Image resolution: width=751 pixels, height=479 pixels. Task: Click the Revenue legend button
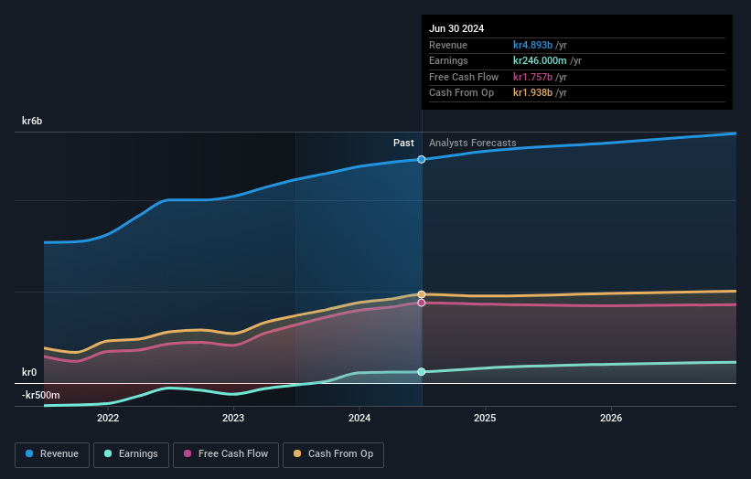click(52, 453)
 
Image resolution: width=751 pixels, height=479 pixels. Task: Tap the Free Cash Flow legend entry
click(226, 453)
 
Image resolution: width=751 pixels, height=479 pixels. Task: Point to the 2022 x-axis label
click(108, 418)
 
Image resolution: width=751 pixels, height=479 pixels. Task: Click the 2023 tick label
click(233, 418)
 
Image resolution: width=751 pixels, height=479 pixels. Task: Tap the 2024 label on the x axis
click(359, 418)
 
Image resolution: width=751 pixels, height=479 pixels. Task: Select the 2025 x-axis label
click(485, 418)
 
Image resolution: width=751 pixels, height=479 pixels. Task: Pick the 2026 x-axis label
click(611, 418)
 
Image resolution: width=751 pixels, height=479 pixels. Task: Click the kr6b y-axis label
click(32, 121)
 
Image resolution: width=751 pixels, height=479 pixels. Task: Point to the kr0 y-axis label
click(29, 372)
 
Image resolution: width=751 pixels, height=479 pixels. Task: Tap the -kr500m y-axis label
click(41, 395)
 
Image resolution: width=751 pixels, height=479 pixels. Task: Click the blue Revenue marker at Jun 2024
click(422, 159)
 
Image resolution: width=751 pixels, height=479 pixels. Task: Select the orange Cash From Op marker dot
click(422, 294)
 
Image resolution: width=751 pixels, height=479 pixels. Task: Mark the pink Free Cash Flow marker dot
click(422, 303)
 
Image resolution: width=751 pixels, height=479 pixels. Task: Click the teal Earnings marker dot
click(422, 371)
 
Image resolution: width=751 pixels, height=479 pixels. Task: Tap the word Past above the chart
click(403, 143)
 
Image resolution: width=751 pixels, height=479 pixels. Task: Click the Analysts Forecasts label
click(472, 143)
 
